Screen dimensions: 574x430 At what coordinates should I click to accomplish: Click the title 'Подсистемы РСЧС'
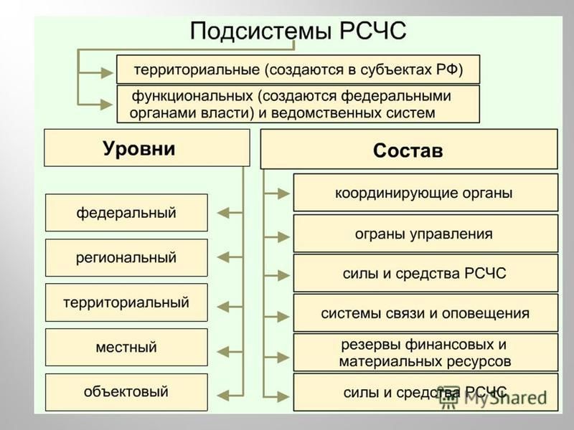click(298, 31)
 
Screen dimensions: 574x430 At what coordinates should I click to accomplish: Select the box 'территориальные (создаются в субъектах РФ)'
click(298, 70)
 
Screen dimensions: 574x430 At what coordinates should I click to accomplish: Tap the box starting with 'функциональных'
click(298, 104)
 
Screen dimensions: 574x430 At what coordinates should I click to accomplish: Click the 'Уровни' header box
click(147, 148)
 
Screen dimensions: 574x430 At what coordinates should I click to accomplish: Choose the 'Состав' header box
click(409, 149)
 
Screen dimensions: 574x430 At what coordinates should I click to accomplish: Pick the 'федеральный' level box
click(126, 212)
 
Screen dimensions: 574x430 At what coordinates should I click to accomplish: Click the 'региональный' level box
click(126, 258)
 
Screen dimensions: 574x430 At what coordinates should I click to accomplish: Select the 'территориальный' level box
click(126, 302)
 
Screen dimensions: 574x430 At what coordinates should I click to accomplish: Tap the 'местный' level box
click(126, 347)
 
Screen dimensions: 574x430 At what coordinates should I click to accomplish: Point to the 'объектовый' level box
click(126, 392)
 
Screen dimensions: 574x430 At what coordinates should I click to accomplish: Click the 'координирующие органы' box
click(425, 193)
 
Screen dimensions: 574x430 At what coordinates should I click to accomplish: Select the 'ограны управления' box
click(425, 234)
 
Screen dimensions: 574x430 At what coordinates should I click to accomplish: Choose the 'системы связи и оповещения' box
click(425, 313)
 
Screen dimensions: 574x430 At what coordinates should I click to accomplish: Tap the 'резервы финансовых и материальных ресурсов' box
click(425, 353)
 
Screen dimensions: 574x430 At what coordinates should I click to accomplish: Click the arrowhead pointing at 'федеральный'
click(223, 212)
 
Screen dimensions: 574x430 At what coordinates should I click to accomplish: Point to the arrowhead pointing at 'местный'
click(223, 352)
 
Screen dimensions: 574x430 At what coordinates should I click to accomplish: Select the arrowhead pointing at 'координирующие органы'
click(283, 193)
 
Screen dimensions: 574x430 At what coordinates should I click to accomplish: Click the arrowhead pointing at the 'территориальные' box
click(107, 73)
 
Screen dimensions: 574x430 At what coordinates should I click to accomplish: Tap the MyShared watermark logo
click(493, 397)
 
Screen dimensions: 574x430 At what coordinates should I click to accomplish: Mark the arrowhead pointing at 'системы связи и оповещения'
click(283, 316)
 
